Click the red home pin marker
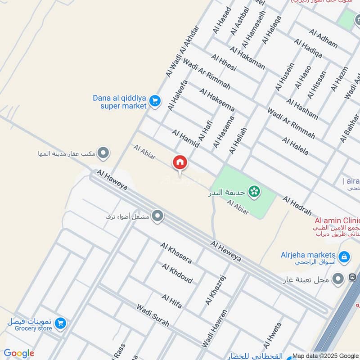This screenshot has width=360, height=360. tap(180, 162)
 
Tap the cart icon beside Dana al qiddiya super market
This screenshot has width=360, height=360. tap(155, 101)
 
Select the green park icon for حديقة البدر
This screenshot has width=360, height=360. tap(254, 192)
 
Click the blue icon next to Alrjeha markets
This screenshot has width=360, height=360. tap(344, 257)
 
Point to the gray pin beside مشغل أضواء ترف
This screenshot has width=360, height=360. tap(157, 216)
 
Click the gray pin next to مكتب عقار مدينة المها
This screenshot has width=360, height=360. tap(103, 153)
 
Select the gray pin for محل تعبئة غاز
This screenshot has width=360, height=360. tap(338, 279)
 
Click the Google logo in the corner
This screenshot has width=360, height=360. tap(19, 353)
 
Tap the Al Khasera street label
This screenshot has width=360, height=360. tap(176, 252)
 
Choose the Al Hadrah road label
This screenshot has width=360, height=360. tap(297, 205)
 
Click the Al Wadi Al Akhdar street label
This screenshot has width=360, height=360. tap(182, 51)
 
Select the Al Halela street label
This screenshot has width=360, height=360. tap(295, 146)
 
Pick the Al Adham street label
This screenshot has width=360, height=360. tap(323, 39)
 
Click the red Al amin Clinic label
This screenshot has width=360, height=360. tap(337, 220)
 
